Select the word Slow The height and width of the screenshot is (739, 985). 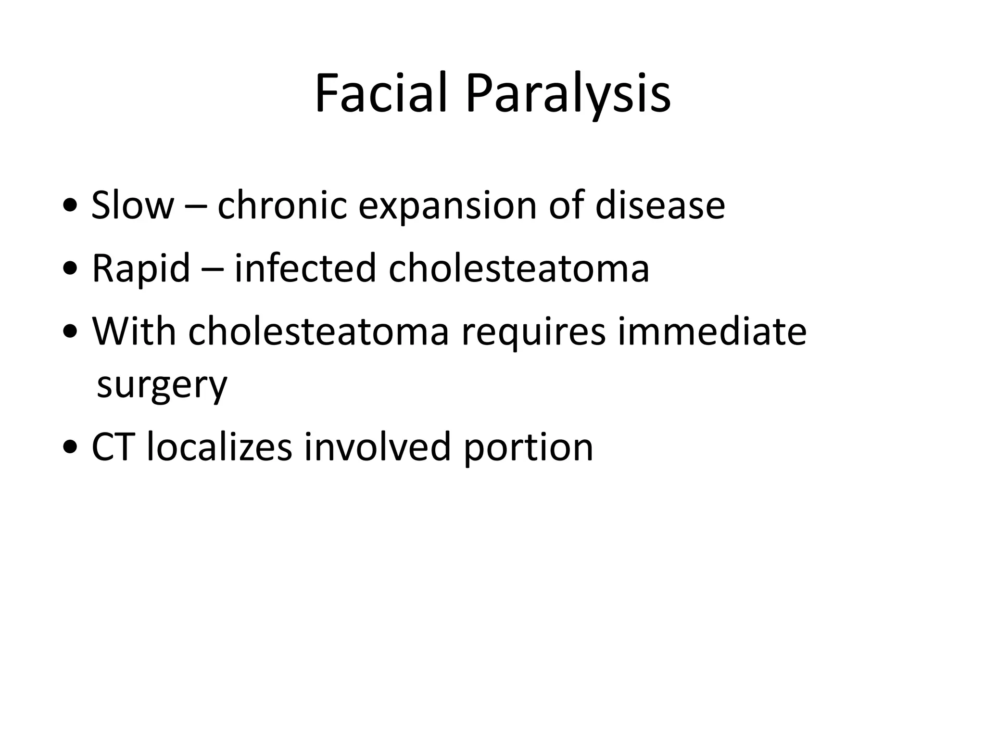(x=132, y=205)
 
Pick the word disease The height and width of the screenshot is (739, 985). (x=660, y=205)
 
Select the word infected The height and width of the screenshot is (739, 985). (x=305, y=268)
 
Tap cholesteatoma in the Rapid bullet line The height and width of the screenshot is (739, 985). (x=519, y=268)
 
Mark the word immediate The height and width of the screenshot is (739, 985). (x=712, y=331)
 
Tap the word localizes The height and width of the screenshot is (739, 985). (x=219, y=447)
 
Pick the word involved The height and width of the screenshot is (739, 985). (x=378, y=447)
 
